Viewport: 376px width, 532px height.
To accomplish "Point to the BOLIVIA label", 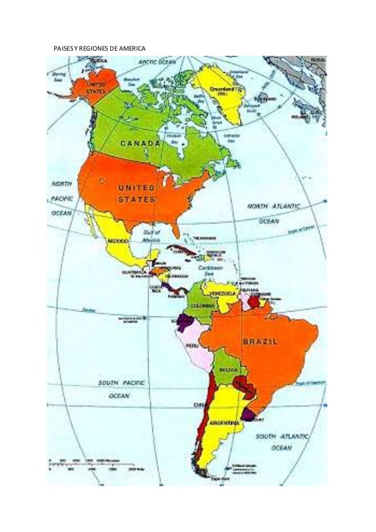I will coord(229,369).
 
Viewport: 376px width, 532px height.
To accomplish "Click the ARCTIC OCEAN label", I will coord(157,61).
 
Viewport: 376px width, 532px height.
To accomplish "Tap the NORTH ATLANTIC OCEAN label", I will coord(273,213).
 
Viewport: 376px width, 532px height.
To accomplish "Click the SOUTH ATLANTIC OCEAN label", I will coord(282,442).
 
